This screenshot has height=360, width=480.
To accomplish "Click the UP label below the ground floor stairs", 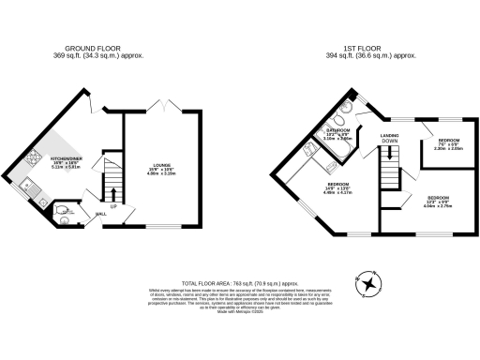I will tap(113, 204).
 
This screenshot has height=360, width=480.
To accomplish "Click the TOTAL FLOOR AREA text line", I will tap(239, 279).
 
